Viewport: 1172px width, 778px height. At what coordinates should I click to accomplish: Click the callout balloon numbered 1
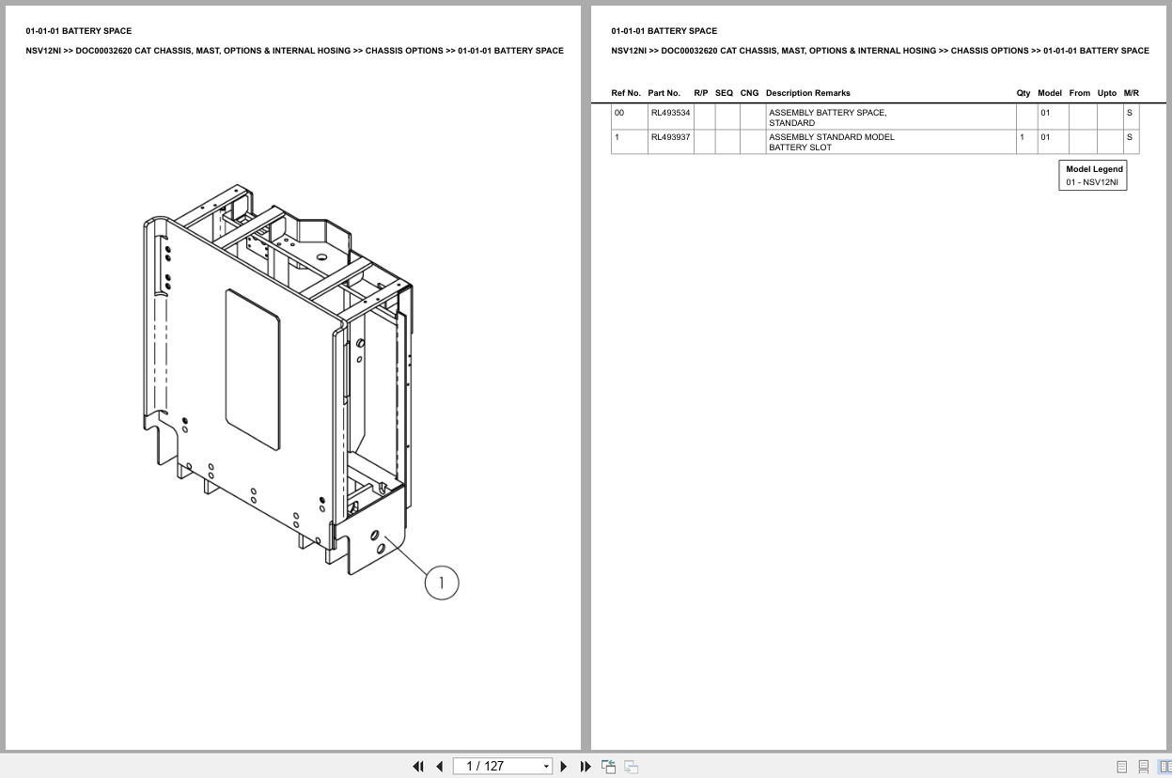442,583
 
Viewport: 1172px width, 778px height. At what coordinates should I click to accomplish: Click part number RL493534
670,113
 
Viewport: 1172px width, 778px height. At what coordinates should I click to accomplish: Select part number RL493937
670,137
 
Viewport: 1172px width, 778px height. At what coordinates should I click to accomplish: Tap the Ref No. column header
626,93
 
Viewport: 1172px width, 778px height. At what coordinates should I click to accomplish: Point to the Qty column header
1023,93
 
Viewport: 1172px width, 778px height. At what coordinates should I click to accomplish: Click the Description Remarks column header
807,93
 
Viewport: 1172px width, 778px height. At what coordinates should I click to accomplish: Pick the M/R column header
1131,93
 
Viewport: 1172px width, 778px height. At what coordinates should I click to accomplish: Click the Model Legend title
1094,169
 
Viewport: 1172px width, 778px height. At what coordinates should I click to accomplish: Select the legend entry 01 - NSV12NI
1092,182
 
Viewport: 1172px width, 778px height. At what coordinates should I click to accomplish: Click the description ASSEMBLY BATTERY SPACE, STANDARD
827,117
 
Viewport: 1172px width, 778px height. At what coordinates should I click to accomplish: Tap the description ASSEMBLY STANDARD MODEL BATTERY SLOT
831,142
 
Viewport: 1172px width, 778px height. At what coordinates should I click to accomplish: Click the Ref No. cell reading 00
619,113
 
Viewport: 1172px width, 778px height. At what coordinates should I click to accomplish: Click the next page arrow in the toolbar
564,767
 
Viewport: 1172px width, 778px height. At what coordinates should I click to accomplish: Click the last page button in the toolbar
586,767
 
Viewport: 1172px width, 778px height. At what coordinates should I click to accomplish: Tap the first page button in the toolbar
418,767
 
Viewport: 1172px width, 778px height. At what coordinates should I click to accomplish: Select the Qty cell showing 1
1022,137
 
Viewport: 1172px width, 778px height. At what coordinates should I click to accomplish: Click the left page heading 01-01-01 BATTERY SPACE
79,31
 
